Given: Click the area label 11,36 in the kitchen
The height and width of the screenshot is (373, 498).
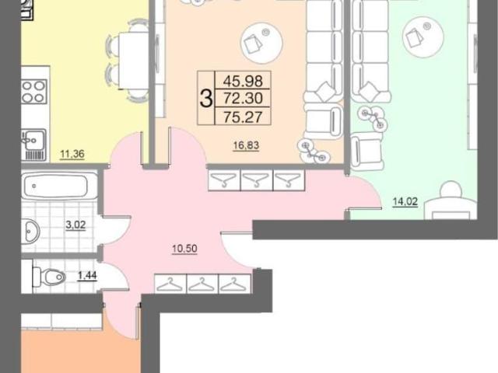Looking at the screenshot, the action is (x=72, y=154).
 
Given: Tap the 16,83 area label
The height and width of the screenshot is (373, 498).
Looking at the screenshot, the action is (x=246, y=145).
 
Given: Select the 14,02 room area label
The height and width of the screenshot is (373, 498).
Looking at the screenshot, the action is (x=405, y=202).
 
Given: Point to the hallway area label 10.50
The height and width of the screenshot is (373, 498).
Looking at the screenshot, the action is (x=184, y=249).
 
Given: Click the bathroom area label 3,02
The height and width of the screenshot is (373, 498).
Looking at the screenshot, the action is (x=75, y=225).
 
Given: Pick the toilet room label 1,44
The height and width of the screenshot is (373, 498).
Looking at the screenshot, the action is (x=87, y=276).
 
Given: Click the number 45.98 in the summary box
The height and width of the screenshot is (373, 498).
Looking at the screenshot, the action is (x=243, y=81).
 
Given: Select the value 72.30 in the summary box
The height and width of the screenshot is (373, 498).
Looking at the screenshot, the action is (x=243, y=99).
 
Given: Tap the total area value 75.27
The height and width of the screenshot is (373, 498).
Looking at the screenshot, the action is (x=243, y=117).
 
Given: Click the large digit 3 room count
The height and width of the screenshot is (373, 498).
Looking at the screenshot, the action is (x=206, y=99).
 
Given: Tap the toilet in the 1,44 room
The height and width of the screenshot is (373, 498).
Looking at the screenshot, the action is (x=49, y=277).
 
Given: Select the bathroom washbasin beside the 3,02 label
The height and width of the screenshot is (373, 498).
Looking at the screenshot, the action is (x=30, y=231).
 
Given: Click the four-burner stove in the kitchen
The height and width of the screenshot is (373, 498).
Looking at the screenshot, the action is (x=34, y=92).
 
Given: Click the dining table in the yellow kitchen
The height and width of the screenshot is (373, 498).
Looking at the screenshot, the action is (x=134, y=61).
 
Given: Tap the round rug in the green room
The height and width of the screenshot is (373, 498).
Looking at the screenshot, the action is (x=423, y=37).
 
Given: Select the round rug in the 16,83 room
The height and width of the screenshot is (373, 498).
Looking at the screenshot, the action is (x=261, y=44).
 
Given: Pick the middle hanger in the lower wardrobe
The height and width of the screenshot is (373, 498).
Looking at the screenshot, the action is (x=202, y=283).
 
